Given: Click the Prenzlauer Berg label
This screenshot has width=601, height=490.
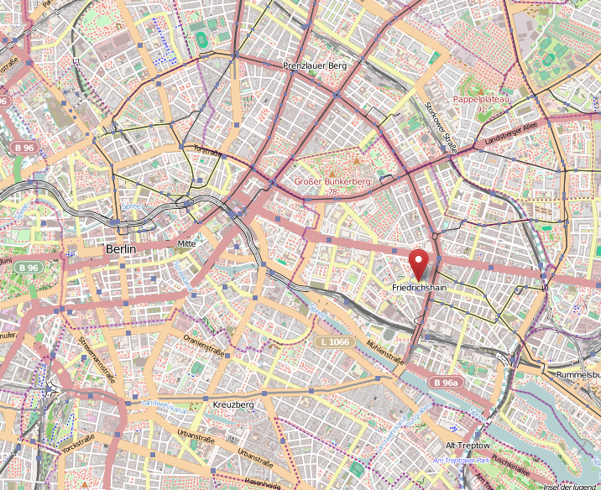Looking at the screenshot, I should (x=314, y=65).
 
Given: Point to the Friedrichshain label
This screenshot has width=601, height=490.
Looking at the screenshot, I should (x=421, y=288).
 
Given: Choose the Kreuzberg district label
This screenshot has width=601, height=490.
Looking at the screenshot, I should (x=233, y=404).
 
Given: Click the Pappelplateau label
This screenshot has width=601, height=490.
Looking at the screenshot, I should (x=481, y=99).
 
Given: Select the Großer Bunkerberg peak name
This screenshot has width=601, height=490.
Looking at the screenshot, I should (x=332, y=181).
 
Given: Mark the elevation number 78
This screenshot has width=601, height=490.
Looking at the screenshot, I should (x=332, y=192).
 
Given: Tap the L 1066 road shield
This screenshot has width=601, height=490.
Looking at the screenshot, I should (x=334, y=342).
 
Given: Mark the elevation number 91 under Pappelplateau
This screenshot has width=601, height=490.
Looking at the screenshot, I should (x=481, y=109).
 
